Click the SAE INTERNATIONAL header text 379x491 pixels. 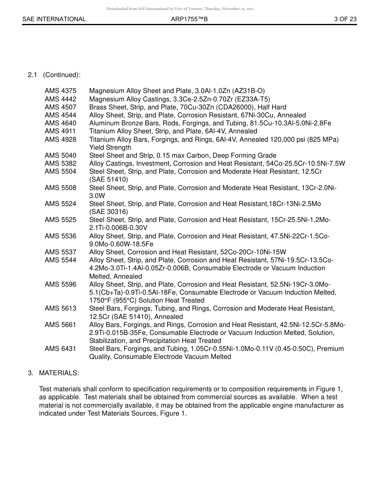pos(54,19)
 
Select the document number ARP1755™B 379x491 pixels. pos(189,19)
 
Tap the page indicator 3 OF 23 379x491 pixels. pos(345,19)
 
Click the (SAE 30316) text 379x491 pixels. pos(109,212)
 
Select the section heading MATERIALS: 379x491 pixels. pos(59,373)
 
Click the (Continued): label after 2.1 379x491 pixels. pos(61,75)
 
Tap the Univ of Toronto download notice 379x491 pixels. pos(180,8)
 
